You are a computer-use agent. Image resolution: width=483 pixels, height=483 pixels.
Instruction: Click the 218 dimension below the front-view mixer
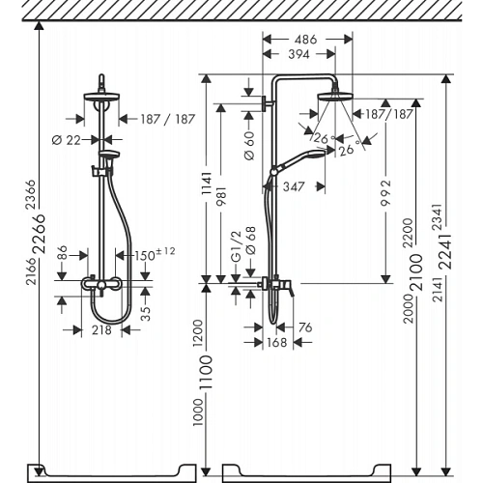[101, 329]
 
